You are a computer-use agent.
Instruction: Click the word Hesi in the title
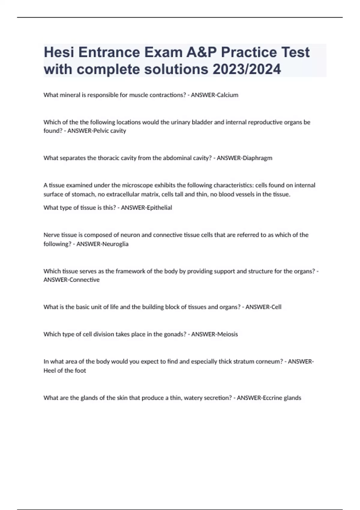tap(59, 52)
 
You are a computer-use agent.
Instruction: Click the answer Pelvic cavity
tap(109, 131)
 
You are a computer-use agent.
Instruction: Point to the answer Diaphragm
tap(257, 158)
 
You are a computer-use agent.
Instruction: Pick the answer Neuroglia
tap(115, 244)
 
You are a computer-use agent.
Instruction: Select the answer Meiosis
tap(227, 334)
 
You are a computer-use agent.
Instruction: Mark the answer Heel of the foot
tap(65, 370)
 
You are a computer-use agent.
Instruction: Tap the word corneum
tap(269, 361)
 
